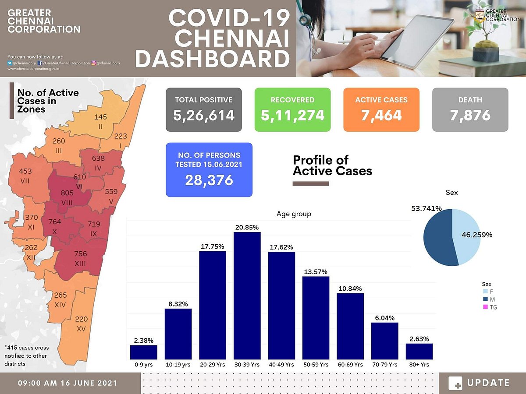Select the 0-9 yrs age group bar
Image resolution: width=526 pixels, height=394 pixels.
pos(144,352)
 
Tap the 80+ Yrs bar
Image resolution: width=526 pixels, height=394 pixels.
pos(419,351)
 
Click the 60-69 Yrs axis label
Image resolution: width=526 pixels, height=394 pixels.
pos(350,364)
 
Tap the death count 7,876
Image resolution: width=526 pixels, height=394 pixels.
pos(470,116)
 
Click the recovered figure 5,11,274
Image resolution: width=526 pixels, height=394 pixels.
pos(292,116)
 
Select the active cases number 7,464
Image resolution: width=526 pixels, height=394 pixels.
pos(381,116)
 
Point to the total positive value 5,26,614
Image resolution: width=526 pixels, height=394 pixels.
pos(204,116)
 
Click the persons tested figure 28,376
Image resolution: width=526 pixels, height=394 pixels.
pos(209,180)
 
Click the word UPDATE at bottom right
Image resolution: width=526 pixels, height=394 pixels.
pos(488,383)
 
